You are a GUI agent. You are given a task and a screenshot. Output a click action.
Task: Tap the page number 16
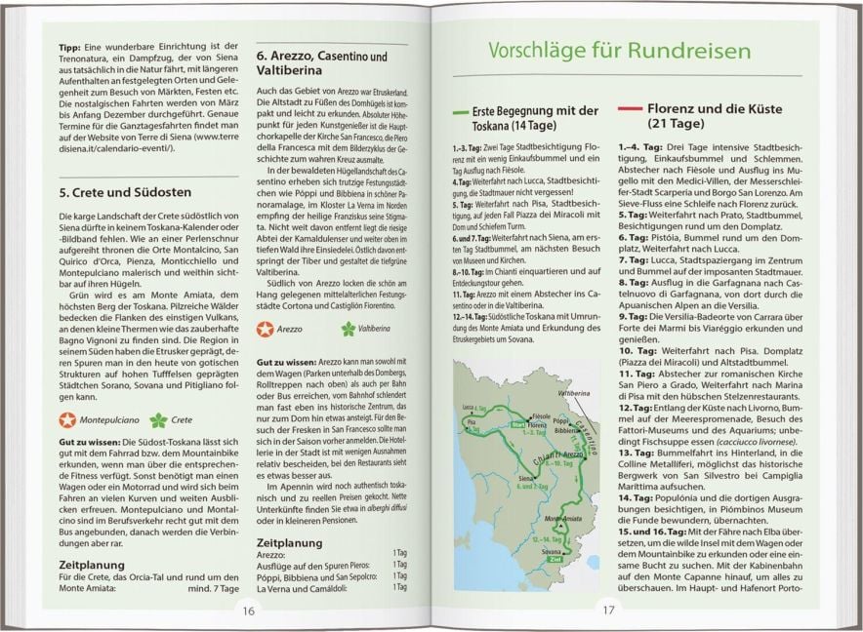[249, 611]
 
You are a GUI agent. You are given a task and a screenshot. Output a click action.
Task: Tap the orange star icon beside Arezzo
[266, 329]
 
